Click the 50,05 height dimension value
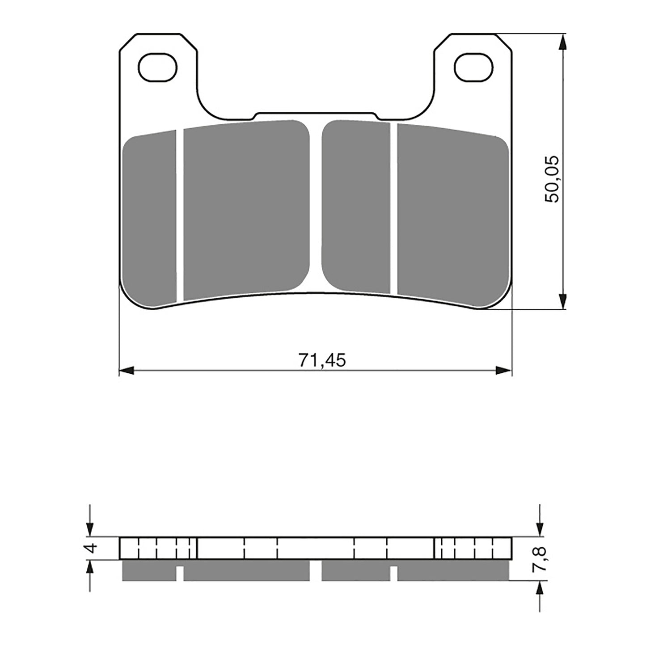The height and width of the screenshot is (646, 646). pos(551,179)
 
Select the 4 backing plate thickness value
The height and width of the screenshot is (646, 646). pos(92,548)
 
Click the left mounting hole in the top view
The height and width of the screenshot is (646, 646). pos(157,68)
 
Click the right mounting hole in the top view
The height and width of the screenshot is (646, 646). pos(473,68)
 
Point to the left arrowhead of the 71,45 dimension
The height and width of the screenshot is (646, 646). pos(127,370)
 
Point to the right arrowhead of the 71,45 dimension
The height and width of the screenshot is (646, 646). pos(504,370)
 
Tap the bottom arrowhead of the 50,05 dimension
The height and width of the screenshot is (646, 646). pos(563,301)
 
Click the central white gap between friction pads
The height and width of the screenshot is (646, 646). pos(316,206)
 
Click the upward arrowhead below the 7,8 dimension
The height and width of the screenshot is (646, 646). pos(540,588)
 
